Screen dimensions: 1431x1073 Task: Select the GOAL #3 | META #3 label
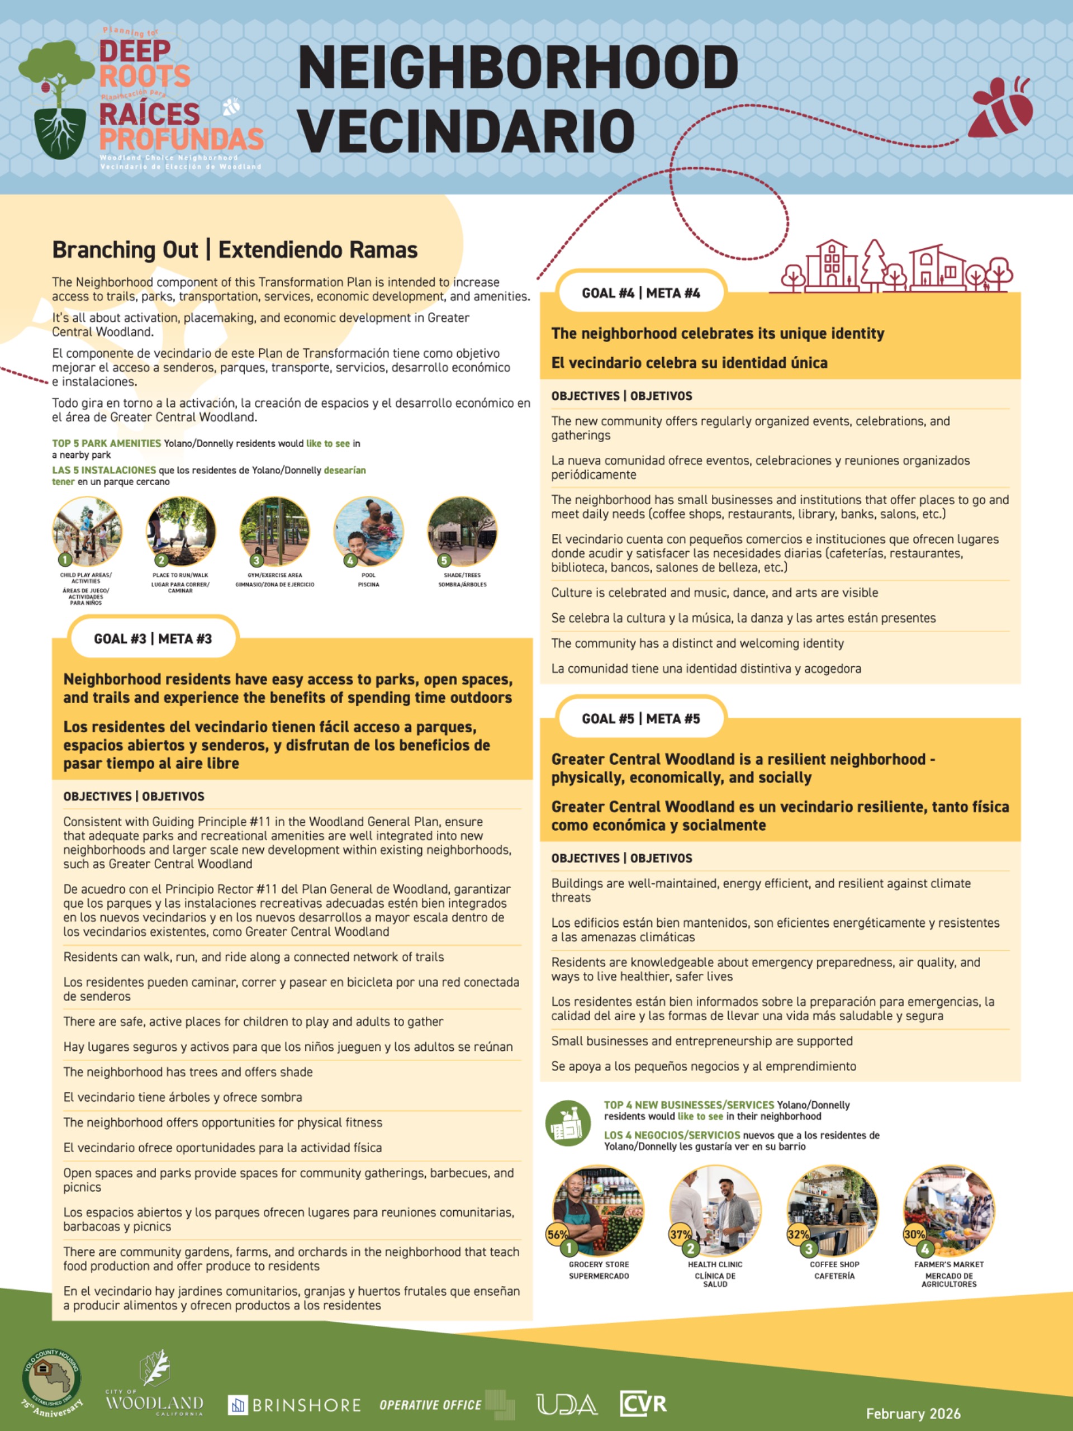click(x=153, y=638)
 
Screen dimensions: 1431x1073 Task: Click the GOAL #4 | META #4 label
click(x=640, y=293)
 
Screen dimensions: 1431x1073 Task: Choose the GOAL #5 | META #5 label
click(x=640, y=719)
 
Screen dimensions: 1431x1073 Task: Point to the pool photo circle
click(x=368, y=531)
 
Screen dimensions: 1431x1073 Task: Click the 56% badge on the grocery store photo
click(x=556, y=1234)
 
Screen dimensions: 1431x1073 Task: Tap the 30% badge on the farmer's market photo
click(x=913, y=1234)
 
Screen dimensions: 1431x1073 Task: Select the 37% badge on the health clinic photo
click(x=680, y=1234)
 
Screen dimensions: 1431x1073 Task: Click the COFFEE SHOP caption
click(x=834, y=1264)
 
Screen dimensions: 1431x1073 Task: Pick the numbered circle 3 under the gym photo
click(x=257, y=560)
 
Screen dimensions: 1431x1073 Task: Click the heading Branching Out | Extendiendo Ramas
click(x=235, y=250)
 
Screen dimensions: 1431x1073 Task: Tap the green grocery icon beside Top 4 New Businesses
click(x=567, y=1124)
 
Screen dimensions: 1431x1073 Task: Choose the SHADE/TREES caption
click(x=462, y=575)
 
